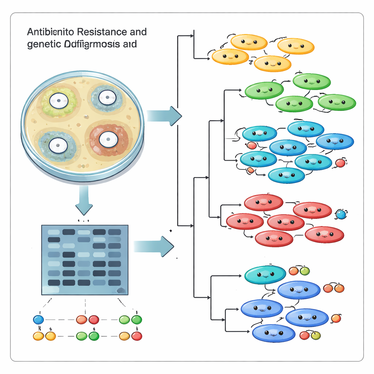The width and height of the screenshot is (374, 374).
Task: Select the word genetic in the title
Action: pos(40,45)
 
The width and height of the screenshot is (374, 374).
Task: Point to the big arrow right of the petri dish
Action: pos(164,116)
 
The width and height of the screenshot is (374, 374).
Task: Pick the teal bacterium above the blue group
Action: pos(265,275)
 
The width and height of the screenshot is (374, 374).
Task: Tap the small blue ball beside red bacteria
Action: pos(340,214)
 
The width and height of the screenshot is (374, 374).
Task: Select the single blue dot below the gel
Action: pos(38,320)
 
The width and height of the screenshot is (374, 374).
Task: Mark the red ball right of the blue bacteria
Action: pos(340,163)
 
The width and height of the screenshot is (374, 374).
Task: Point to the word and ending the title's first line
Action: pos(138,32)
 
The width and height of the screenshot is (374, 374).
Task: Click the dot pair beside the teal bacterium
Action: pos(299,271)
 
